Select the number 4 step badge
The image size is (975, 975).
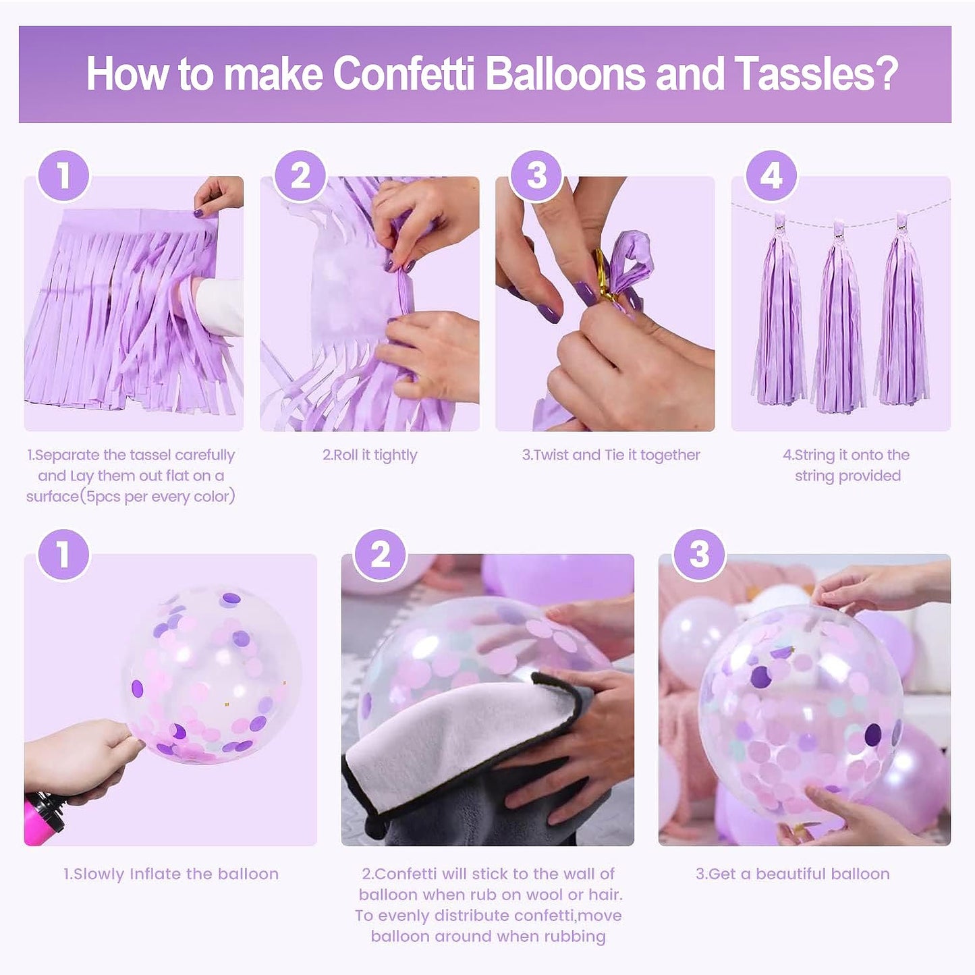pos(771,175)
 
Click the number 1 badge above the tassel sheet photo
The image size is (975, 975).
pos(63,175)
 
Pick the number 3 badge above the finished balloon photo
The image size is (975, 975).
pos(699,555)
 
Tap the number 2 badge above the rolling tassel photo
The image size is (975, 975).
pos(300,175)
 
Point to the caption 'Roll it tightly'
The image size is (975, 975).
pos(370,455)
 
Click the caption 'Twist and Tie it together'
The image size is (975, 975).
pos(611,455)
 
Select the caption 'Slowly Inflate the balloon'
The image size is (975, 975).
pos(171,874)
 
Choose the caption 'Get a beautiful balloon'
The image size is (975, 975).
pos(793,874)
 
